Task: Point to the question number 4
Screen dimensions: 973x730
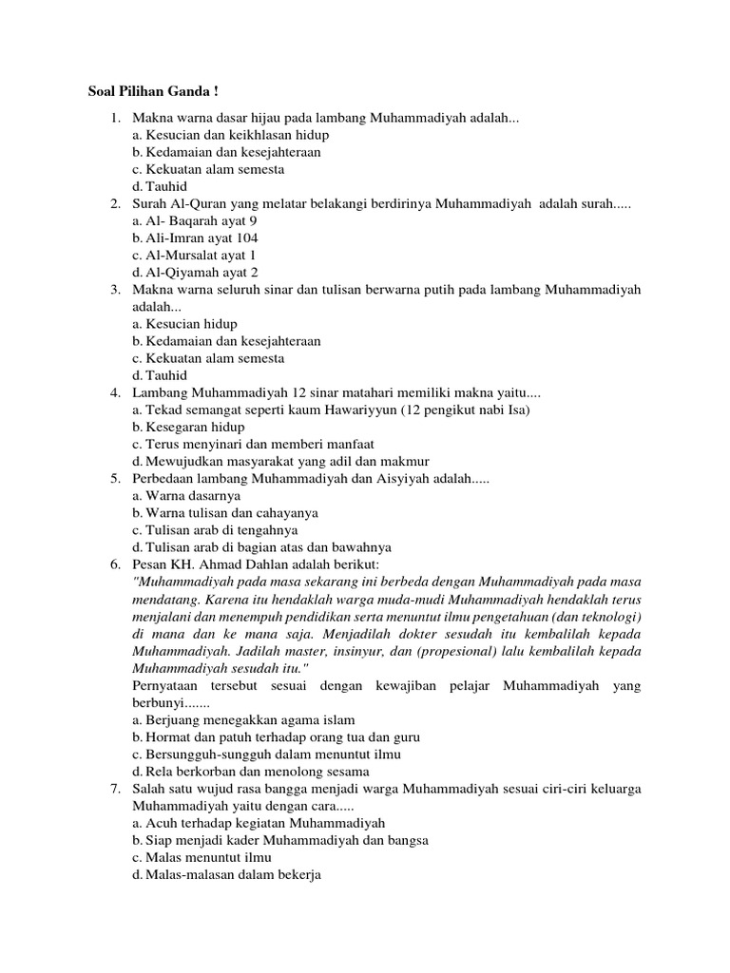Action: pyautogui.click(x=114, y=392)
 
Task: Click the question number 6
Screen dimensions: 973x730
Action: pyautogui.click(x=114, y=563)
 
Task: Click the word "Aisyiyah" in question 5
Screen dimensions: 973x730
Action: pyautogui.click(x=406, y=478)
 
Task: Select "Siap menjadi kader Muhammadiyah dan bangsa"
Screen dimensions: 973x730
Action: pyautogui.click(x=280, y=839)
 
